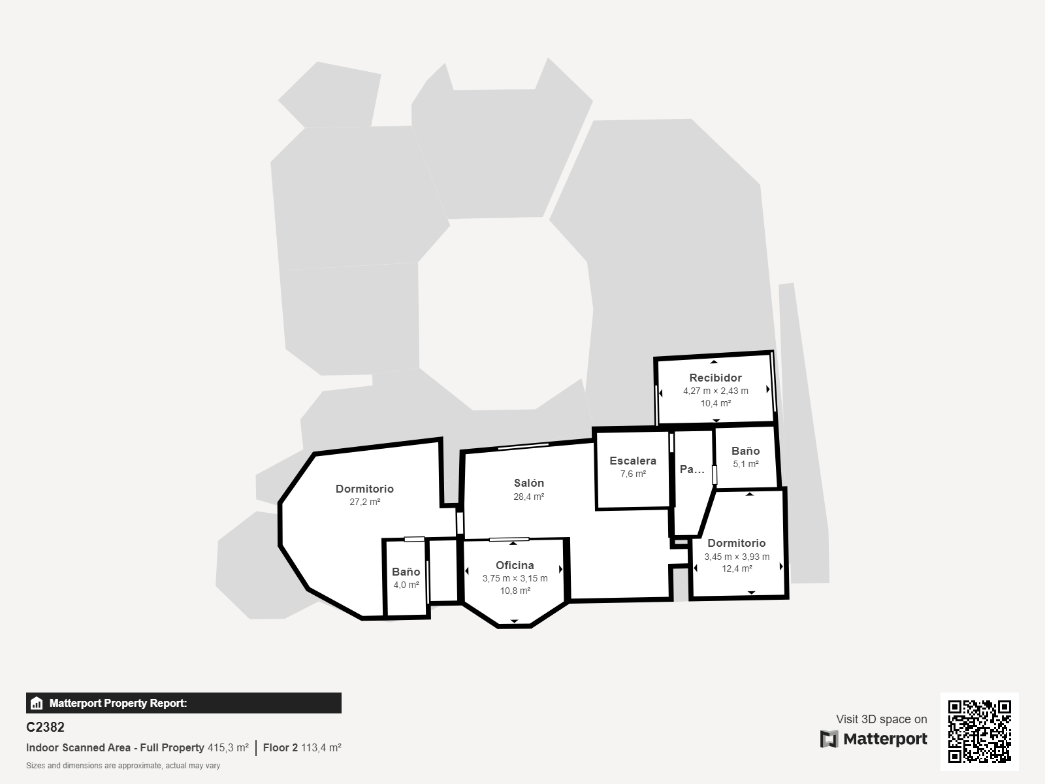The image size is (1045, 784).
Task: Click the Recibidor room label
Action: point(715,378)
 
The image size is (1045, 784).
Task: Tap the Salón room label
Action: point(528,483)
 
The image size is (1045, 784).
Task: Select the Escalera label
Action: point(632,461)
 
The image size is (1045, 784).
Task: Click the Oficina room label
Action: point(515,565)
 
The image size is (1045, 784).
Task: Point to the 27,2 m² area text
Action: point(364,502)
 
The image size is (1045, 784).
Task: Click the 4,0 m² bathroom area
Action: point(406,585)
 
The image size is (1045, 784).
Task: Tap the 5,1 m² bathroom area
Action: point(745,465)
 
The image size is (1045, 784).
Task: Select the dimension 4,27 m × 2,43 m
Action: point(715,391)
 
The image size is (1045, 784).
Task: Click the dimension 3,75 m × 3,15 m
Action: point(515,578)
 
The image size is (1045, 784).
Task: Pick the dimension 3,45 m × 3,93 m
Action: point(736,557)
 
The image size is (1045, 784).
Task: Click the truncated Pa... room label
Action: point(692,469)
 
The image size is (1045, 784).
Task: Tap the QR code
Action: point(979,731)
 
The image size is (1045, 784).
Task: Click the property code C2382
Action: point(45,727)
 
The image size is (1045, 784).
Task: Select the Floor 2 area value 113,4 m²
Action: point(321,747)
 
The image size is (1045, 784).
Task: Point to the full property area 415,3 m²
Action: point(228,747)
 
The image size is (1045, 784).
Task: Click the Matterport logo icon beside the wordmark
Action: point(829,739)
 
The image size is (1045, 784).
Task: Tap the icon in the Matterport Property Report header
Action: point(37,703)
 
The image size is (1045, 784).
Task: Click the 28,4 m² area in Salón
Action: point(528,497)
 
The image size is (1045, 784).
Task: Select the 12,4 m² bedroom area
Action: point(736,568)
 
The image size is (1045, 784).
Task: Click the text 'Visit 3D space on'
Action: point(881,719)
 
